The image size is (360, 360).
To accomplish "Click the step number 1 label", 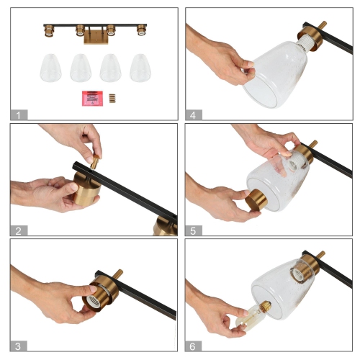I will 17,114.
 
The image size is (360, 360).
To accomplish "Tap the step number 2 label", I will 17,230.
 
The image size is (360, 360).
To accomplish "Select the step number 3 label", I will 17,345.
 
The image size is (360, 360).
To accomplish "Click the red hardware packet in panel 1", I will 91,98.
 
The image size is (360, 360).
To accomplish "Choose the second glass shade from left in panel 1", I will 80,68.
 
